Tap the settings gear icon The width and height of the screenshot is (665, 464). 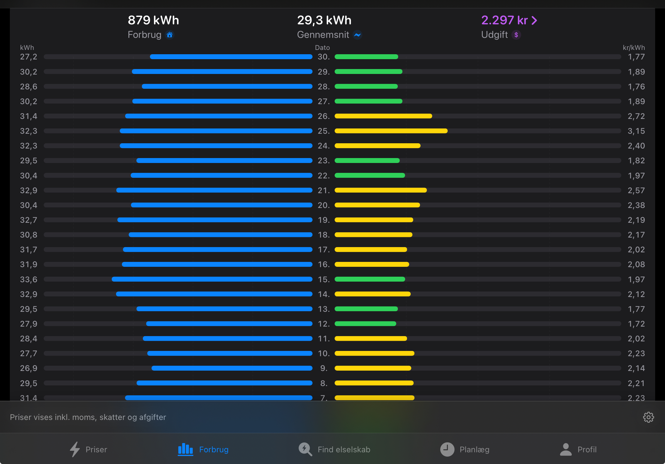pos(648,417)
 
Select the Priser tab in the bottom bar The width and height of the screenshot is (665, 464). pos(88,449)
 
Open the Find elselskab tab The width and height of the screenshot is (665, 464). pos(334,449)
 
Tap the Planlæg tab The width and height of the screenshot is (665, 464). pos(465,449)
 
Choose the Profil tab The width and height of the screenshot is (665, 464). pos(578,449)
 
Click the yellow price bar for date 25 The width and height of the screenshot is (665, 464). pos(391,131)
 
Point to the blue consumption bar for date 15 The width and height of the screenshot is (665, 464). pos(212,279)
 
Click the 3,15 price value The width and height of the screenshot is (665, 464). pos(636,131)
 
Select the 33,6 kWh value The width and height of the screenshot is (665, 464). pos(29,279)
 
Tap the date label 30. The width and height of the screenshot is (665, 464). pos(324,57)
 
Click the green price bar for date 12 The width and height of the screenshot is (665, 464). pos(365,324)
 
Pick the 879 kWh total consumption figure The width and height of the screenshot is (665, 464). pos(153,20)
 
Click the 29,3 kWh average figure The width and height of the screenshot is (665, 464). pos(324,20)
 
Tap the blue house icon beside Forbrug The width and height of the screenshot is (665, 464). pos(170,35)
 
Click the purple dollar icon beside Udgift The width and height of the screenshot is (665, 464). pos(516,35)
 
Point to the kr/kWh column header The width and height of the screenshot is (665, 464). pos(634,48)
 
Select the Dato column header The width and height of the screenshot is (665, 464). pos(322,48)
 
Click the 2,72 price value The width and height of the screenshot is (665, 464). pos(636,116)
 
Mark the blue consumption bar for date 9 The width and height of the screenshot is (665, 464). pos(232,368)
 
